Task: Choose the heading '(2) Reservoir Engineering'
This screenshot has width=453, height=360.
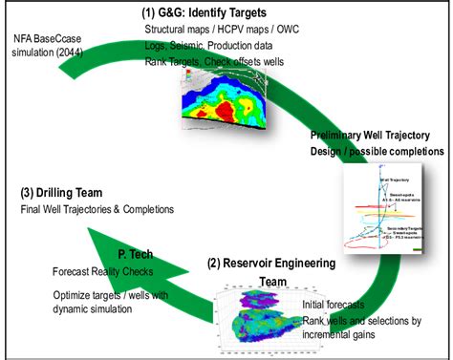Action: pos(286,263)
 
